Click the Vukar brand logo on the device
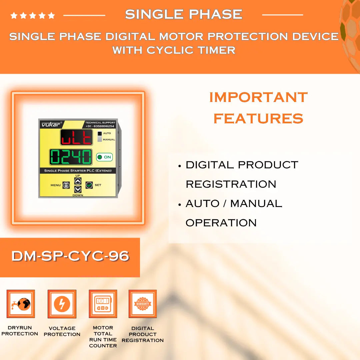tap(50, 124)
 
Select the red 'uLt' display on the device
tap(76, 137)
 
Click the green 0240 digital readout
tap(71, 157)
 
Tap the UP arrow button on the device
tap(78, 181)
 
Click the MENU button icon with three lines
tap(66, 185)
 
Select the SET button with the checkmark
tap(89, 185)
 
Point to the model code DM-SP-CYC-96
tap(70, 256)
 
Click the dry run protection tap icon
tap(21, 304)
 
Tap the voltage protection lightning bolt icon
tap(62, 304)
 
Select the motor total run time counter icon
tap(103, 304)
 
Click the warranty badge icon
tap(143, 304)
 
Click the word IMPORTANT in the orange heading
tap(258, 97)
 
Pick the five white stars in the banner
tap(33, 15)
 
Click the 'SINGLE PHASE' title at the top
tap(183, 14)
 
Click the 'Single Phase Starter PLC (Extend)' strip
tap(78, 171)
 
